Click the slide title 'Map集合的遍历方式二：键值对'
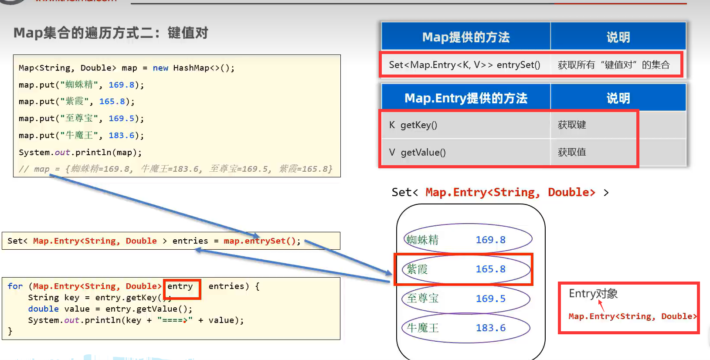click(x=111, y=33)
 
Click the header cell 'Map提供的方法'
click(x=465, y=37)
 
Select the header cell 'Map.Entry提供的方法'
click(x=465, y=98)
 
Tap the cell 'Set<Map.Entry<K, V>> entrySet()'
click(x=464, y=65)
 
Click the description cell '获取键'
click(x=572, y=125)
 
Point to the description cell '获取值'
click(x=572, y=152)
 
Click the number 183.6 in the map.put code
click(x=122, y=136)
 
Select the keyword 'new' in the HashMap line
click(x=160, y=68)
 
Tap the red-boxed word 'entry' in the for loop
click(x=180, y=286)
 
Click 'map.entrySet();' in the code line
click(x=262, y=241)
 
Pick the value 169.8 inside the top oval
click(x=490, y=240)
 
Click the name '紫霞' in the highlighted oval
click(x=417, y=269)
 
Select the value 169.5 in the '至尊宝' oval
click(x=490, y=299)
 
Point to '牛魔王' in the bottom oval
click(x=422, y=328)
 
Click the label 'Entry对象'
click(x=593, y=293)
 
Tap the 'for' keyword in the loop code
click(x=15, y=286)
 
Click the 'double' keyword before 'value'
click(x=43, y=309)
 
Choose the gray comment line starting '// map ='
click(x=175, y=169)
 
